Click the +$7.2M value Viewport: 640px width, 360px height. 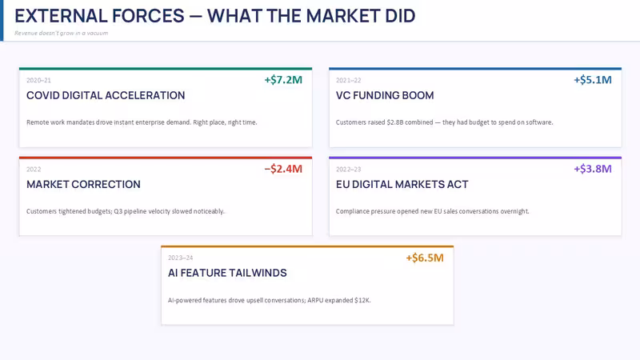click(283, 79)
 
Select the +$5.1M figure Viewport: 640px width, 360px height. click(593, 79)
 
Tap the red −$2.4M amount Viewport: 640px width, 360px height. click(283, 169)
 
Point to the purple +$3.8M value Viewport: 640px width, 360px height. click(593, 169)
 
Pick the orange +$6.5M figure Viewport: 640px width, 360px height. click(425, 258)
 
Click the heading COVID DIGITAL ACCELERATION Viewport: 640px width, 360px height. click(106, 95)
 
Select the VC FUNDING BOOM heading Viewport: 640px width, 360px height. click(385, 95)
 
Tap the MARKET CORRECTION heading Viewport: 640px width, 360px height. click(83, 185)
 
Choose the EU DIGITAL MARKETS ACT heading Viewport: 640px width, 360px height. click(402, 185)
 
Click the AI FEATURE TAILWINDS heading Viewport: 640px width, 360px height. click(227, 273)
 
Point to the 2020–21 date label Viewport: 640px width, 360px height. click(38, 81)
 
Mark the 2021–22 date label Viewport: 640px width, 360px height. click(349, 81)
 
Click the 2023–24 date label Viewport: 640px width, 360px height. click(181, 258)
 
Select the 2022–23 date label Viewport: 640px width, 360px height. click(349, 170)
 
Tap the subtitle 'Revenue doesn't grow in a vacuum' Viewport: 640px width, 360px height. click(62, 33)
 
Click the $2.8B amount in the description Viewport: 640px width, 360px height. click(395, 122)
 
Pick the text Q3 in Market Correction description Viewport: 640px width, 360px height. click(118, 211)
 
